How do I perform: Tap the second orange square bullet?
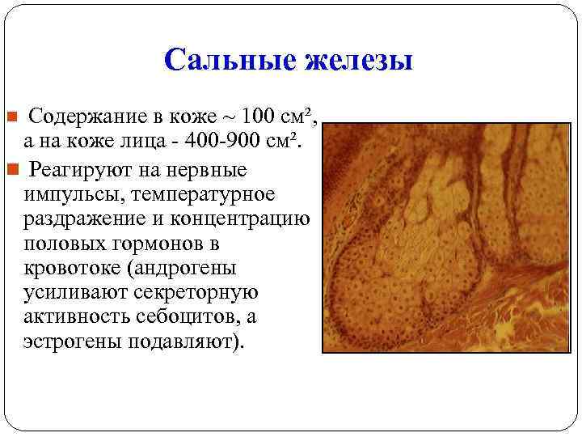coord(11,171)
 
